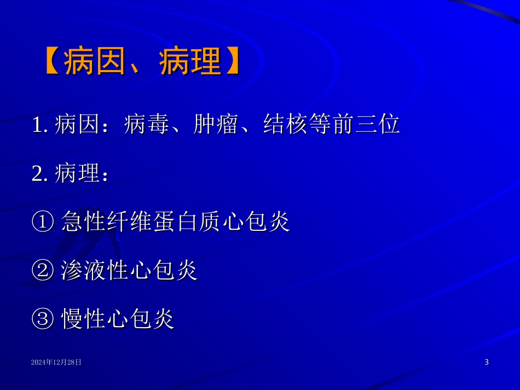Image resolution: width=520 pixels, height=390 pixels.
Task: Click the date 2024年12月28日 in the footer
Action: (x=56, y=362)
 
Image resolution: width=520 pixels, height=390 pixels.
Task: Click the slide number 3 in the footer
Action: (x=487, y=362)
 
